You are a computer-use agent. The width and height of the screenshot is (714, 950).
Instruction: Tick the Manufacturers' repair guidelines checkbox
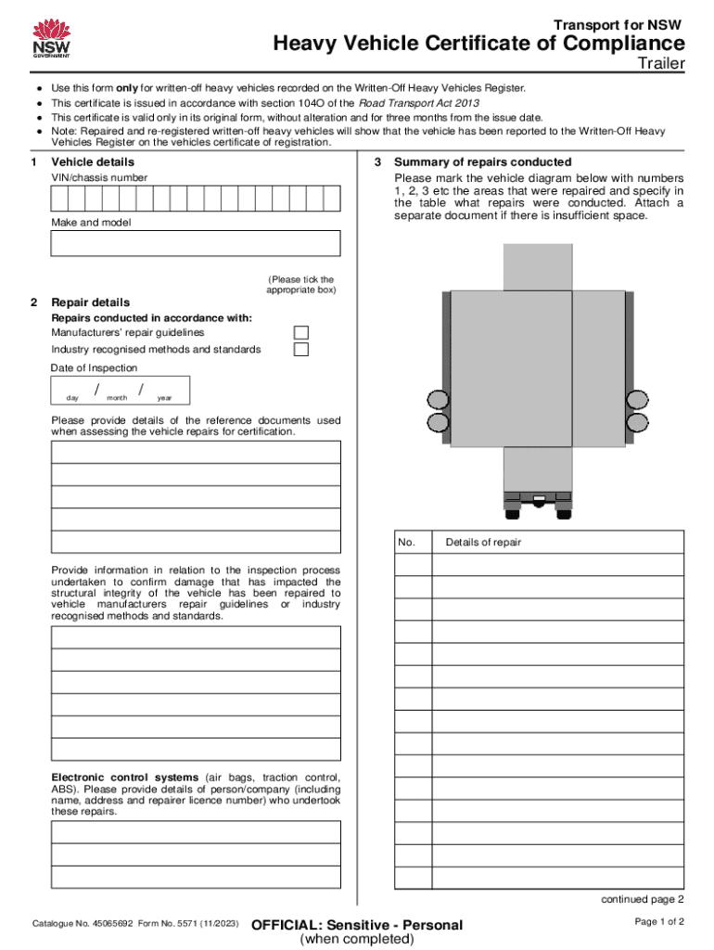301,333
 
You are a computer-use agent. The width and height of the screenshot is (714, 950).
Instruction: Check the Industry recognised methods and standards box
301,350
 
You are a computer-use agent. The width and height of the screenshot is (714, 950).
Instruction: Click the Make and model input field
196,243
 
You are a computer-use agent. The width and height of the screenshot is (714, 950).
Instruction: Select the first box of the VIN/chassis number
58,199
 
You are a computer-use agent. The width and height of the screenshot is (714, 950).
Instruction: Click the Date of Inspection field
121,391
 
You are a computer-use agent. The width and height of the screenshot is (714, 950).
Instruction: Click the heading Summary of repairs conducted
483,162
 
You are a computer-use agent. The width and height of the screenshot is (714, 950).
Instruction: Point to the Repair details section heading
90,302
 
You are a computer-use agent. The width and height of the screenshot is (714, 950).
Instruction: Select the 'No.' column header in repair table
407,543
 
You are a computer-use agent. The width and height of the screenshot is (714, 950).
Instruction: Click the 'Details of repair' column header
483,543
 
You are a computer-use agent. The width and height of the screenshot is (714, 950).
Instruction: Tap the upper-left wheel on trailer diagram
437,400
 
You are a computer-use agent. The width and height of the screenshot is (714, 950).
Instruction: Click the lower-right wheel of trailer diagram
636,423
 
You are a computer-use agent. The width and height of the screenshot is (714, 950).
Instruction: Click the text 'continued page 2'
643,899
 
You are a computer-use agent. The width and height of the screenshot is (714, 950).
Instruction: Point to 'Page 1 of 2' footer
659,921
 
